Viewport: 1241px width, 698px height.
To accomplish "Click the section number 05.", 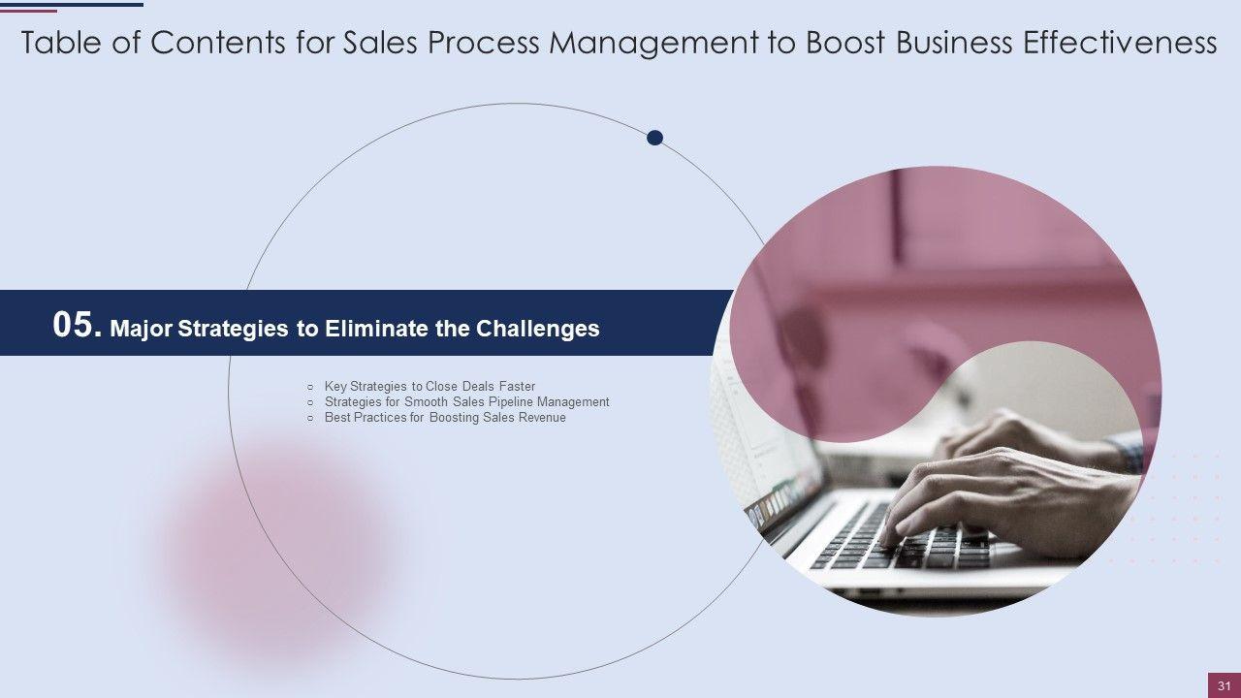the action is pos(78,325).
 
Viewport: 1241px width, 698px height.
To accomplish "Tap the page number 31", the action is pos(1225,685).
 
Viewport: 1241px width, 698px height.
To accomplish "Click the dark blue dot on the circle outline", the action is pos(654,138).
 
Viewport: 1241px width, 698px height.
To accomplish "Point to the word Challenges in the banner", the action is pos(538,329).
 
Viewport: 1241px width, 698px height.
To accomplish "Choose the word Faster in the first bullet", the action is pos(517,386).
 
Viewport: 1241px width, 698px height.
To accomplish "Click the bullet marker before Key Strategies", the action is pos(310,387).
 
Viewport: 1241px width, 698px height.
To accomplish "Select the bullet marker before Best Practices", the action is pos(310,418).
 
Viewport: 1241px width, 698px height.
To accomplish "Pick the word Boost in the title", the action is pos(845,43).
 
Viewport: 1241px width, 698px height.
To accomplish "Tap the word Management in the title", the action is pos(653,45).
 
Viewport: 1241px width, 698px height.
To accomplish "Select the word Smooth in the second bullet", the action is pos(426,402).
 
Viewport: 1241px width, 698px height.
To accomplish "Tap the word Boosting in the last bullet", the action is pos(455,418).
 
